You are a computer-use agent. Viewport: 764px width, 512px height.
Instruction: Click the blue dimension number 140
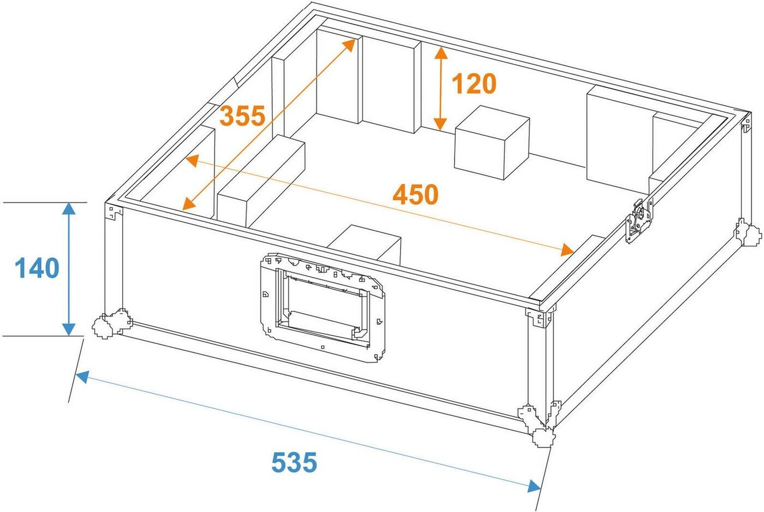tap(37, 268)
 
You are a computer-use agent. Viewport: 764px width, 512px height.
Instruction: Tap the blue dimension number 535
tap(294, 462)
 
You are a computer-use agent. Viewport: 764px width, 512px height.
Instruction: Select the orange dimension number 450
tap(415, 195)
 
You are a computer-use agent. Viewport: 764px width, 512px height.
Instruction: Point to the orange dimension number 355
tap(242, 116)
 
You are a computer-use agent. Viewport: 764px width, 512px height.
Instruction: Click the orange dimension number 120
tap(474, 84)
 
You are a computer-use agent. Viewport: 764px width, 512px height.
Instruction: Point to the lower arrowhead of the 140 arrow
tap(69, 329)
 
